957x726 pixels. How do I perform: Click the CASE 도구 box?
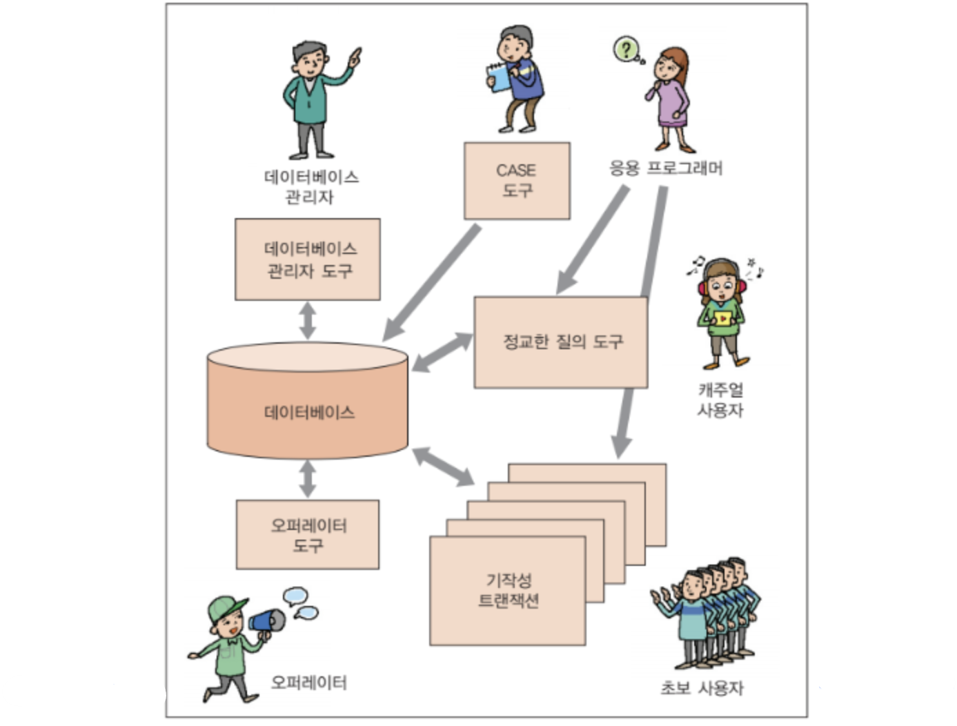pos(517,181)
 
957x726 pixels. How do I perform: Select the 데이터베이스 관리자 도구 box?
pos(308,259)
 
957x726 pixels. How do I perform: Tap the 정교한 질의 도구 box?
pos(560,342)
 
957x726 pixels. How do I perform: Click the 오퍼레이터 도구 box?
pos(308,535)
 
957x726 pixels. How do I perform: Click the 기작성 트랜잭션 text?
pos(509,591)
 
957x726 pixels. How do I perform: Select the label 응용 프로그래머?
pos(665,168)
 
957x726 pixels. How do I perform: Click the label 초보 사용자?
pos(701,687)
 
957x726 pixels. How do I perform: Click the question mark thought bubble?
pos(626,49)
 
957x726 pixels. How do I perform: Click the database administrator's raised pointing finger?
pos(355,55)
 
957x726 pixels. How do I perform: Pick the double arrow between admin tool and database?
pos(308,321)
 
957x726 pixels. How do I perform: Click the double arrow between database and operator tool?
pos(308,478)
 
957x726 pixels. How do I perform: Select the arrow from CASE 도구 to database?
pos(432,282)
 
